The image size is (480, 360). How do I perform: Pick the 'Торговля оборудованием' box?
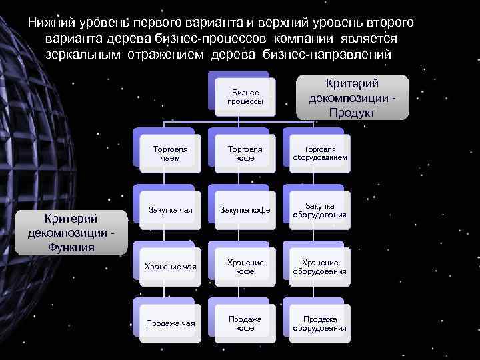[x=319, y=154]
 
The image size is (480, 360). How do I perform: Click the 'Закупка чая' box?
[x=170, y=209]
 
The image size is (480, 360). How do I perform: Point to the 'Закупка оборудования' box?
[x=319, y=209]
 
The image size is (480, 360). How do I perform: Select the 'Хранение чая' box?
[x=170, y=267]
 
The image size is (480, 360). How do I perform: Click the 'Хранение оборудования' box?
[x=319, y=267]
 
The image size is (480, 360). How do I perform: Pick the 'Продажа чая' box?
[x=170, y=323]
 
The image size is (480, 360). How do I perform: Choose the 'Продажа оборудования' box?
[x=319, y=323]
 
